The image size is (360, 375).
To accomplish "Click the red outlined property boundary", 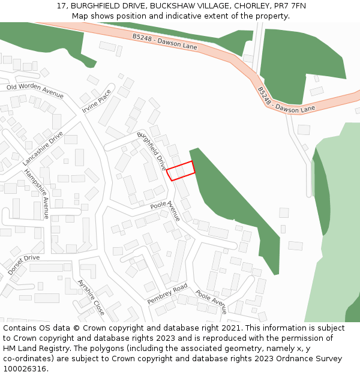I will (x=181, y=170).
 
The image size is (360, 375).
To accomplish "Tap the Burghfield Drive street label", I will (x=152, y=151).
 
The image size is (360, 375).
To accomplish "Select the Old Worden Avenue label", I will (x=35, y=90).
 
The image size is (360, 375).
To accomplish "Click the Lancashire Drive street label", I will (x=43, y=148).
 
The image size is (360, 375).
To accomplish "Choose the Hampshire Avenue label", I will (x=37, y=193).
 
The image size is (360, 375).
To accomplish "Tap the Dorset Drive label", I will (x=24, y=265).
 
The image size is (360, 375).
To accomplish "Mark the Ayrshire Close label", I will (x=91, y=297).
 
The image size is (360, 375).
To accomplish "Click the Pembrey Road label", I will (x=167, y=293).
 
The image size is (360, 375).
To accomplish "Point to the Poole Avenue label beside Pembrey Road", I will (x=211, y=302).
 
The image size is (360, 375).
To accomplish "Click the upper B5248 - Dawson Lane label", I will (x=164, y=41).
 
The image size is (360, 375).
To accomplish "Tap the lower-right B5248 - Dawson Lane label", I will (x=286, y=100).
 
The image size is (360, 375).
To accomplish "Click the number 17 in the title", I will (x=62, y=5).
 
